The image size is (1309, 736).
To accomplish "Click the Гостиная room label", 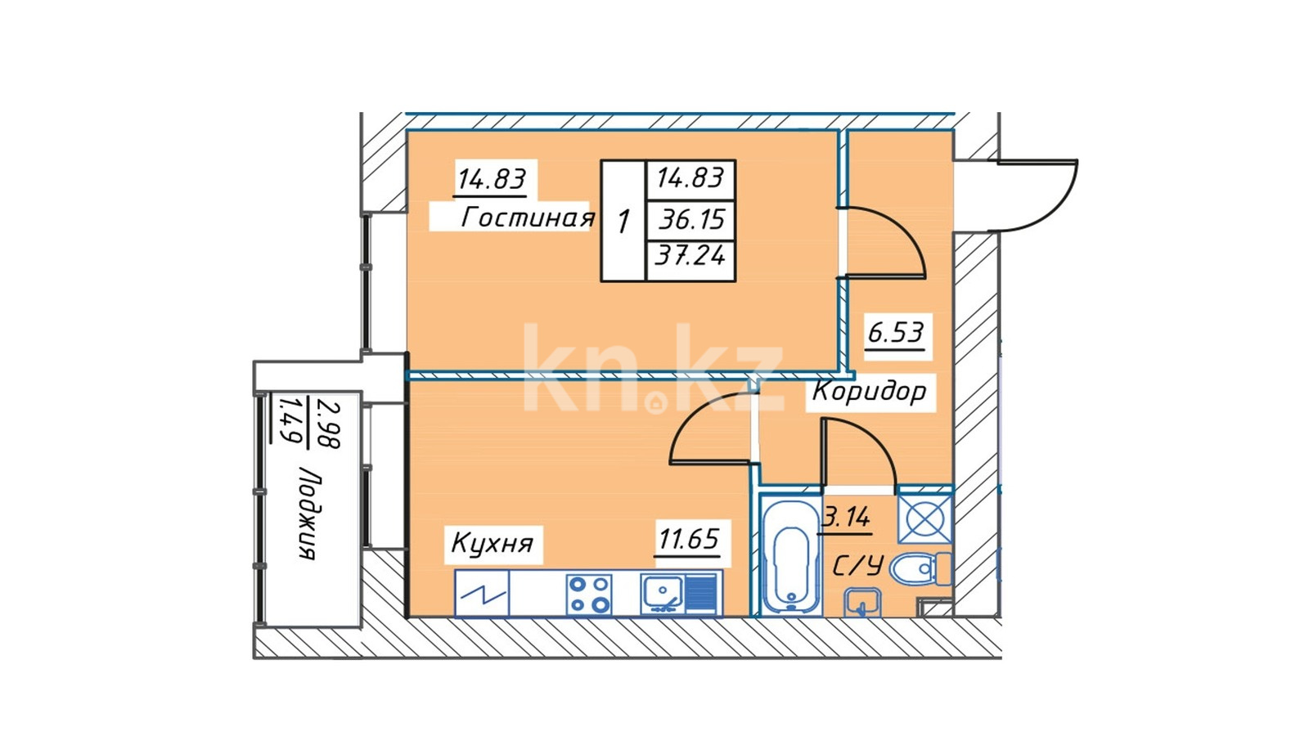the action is (528, 218).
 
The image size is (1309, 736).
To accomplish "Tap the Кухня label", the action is (492, 544).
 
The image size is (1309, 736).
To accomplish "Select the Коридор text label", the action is (869, 392).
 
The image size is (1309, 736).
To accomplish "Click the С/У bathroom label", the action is (857, 565).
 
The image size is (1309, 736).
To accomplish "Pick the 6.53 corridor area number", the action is (895, 332).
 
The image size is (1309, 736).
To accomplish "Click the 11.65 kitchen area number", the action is (688, 538).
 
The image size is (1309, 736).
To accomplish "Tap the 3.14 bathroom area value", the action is (846, 517).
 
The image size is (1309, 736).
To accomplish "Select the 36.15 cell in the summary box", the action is (692, 220).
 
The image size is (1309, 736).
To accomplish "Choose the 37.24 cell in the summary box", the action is (690, 255).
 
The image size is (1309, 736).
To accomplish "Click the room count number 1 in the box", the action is (623, 222).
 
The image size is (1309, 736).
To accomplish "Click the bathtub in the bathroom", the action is (790, 555).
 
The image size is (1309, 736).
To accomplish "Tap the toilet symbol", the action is (920, 569).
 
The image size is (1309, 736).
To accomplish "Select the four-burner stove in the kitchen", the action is (589, 595).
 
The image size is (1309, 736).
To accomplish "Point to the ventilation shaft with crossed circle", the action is (924, 518).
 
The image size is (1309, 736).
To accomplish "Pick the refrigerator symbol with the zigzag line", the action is (482, 594).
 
